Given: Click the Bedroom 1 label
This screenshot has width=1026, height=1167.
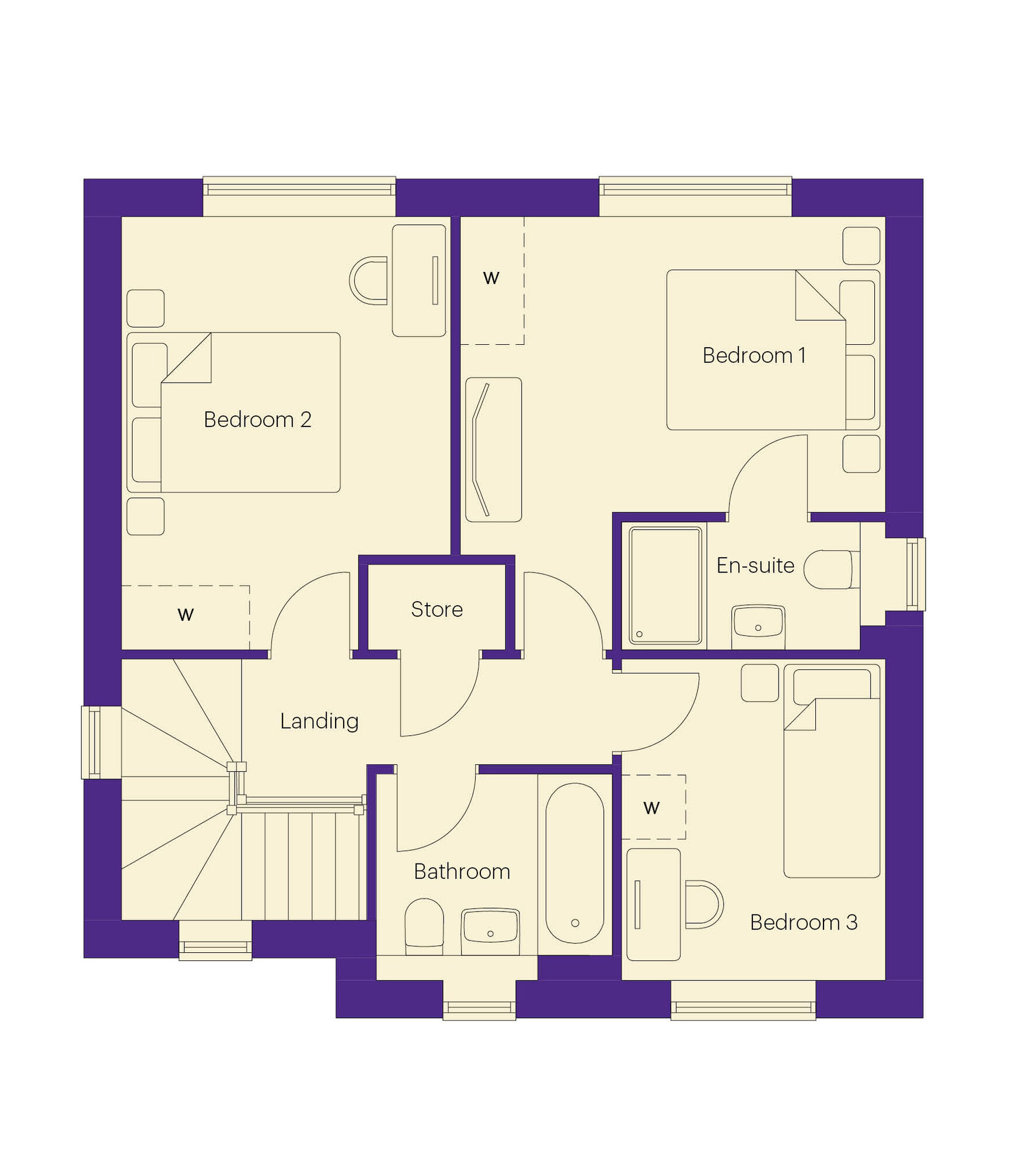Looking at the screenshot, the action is pyautogui.click(x=754, y=355).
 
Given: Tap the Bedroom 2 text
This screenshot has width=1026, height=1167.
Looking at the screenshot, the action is pyautogui.click(x=257, y=420).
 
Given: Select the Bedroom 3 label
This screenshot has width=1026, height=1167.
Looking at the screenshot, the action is pyautogui.click(x=804, y=923).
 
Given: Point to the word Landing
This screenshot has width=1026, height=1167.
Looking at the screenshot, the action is pyautogui.click(x=319, y=721).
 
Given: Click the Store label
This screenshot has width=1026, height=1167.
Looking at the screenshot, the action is pyautogui.click(x=437, y=609).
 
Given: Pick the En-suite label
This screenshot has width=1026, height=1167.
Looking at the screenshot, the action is pyautogui.click(x=755, y=565).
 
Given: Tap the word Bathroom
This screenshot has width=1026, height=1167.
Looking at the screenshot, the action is pyautogui.click(x=462, y=872).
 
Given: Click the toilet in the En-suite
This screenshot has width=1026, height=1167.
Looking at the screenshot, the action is pyautogui.click(x=828, y=569).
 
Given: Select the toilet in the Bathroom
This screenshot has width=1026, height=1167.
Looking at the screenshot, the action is pyautogui.click(x=424, y=927).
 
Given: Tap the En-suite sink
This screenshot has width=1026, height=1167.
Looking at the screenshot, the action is pyautogui.click(x=758, y=626).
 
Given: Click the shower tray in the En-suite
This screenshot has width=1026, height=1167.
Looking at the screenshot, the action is pyautogui.click(x=665, y=585).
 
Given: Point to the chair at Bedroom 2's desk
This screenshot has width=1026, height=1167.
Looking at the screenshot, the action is pyautogui.click(x=368, y=281).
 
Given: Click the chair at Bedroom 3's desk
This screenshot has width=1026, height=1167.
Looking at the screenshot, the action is pyautogui.click(x=704, y=904).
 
